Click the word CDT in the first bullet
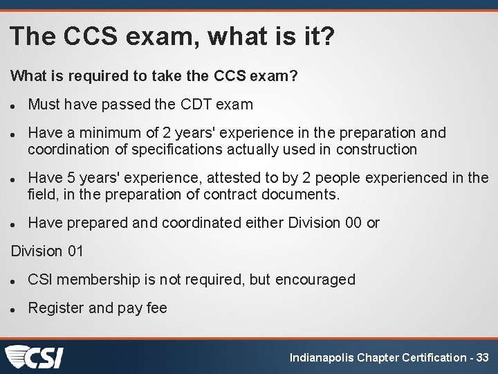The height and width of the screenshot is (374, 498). click(x=197, y=105)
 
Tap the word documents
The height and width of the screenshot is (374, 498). click(x=301, y=195)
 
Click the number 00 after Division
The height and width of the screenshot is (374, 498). click(x=352, y=223)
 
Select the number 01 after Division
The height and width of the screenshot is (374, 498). click(x=73, y=251)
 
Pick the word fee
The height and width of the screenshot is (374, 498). click(x=156, y=308)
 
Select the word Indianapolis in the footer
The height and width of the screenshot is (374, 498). click(x=322, y=358)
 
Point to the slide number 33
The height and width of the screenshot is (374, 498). click(x=482, y=358)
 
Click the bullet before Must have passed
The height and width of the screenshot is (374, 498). click(x=14, y=106)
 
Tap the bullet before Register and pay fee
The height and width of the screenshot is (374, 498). click(x=14, y=309)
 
